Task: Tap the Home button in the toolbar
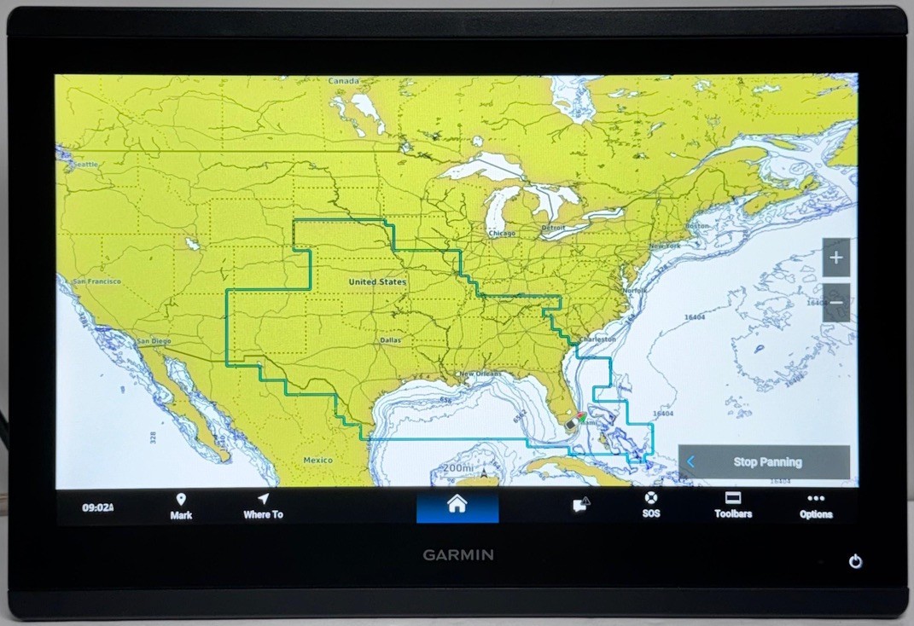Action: click(x=457, y=505)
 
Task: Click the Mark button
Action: click(x=181, y=506)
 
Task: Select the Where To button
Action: click(x=263, y=506)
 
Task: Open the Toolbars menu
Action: click(x=732, y=506)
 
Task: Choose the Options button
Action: click(x=816, y=506)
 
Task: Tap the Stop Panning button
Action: click(x=765, y=462)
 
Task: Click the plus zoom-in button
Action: click(x=835, y=258)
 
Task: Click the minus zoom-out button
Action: click(x=835, y=303)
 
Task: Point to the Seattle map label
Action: click(x=84, y=164)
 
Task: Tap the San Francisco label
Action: click(x=96, y=281)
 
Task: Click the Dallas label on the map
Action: click(x=390, y=340)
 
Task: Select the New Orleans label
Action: click(x=480, y=374)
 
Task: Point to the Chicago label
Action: click(x=502, y=233)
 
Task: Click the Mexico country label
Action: click(x=317, y=461)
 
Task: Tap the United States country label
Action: click(x=377, y=281)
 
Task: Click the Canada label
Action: click(x=344, y=81)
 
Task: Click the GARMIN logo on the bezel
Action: click(x=457, y=555)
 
